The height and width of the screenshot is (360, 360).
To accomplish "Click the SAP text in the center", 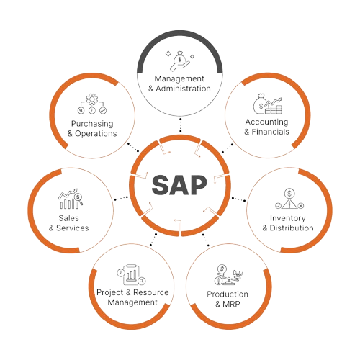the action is pos(179,185).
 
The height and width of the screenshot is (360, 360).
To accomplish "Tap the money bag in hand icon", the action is pos(180,61).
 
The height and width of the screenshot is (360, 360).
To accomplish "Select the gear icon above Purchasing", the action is pos(92,99).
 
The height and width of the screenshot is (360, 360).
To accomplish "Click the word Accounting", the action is pos(266,122).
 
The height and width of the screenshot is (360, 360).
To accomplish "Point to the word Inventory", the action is pos(288,218).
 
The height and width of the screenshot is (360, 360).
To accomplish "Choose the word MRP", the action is pos(231,304).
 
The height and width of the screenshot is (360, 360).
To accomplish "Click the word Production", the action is pos(228,294).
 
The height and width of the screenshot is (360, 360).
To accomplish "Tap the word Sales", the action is pos(68,218).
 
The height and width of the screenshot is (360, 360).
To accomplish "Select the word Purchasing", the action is pos(92,124).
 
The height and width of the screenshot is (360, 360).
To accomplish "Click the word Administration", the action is pos(184,89).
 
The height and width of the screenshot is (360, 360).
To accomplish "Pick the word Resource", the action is pos(151,292).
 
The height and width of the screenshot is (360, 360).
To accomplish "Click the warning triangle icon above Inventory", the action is pos(289,204).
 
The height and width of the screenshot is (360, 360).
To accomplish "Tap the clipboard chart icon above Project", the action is pos(131,274).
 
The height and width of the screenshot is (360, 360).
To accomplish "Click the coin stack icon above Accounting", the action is pos(274,109).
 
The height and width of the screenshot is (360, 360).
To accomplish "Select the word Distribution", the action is pos(292,228).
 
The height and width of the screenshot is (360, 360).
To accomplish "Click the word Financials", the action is pos(270,132).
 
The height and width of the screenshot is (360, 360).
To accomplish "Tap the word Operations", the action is pos(96,134).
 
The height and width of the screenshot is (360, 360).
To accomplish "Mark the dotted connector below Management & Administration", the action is pos(180,125).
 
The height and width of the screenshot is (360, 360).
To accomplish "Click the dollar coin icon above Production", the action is pos(222,269).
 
